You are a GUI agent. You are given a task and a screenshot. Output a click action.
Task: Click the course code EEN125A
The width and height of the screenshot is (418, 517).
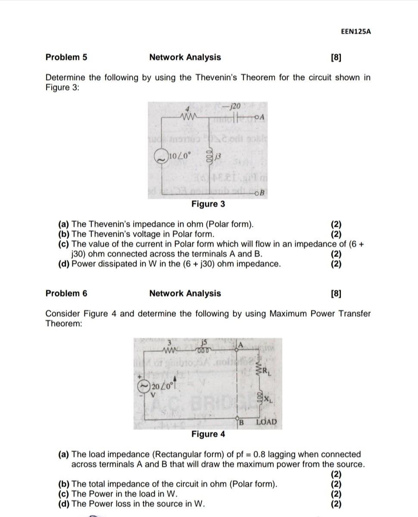pos(356,32)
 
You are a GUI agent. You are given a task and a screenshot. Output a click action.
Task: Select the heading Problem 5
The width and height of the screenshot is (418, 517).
pos(66,57)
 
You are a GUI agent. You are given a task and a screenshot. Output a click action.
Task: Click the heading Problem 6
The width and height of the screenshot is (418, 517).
pos(66,293)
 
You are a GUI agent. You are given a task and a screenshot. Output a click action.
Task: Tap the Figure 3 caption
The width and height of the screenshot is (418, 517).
pos(208,204)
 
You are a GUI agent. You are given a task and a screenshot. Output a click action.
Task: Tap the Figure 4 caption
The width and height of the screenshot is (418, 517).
pos(208,434)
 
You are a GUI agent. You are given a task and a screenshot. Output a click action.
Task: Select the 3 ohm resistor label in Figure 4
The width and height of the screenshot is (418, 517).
pos(170,343)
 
